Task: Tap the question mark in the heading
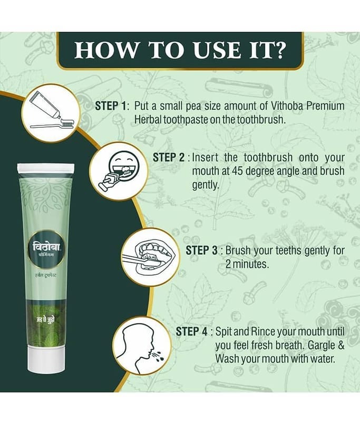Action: click(x=278, y=50)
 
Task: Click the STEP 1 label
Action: click(x=111, y=106)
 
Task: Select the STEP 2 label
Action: click(x=169, y=157)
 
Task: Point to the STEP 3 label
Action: click(x=202, y=250)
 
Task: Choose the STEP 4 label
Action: click(x=192, y=332)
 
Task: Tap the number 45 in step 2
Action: click(x=238, y=171)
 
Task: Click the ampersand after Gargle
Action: click(x=340, y=346)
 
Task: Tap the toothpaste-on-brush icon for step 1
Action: click(x=51, y=113)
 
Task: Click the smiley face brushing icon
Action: click(x=119, y=171)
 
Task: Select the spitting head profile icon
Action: click(x=141, y=346)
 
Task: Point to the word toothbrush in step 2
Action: click(x=268, y=157)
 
